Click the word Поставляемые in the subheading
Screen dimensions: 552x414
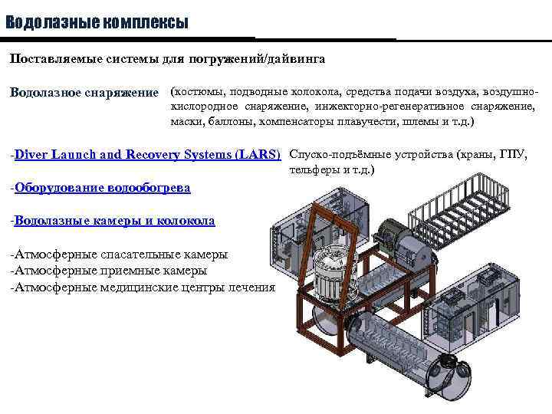click(51, 58)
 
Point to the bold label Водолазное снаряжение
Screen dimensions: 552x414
click(83, 93)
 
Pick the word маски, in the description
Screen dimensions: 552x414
click(188, 121)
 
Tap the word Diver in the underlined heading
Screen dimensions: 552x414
click(30, 154)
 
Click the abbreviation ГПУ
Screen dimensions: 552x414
click(513, 154)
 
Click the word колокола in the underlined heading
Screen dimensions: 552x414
click(186, 221)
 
